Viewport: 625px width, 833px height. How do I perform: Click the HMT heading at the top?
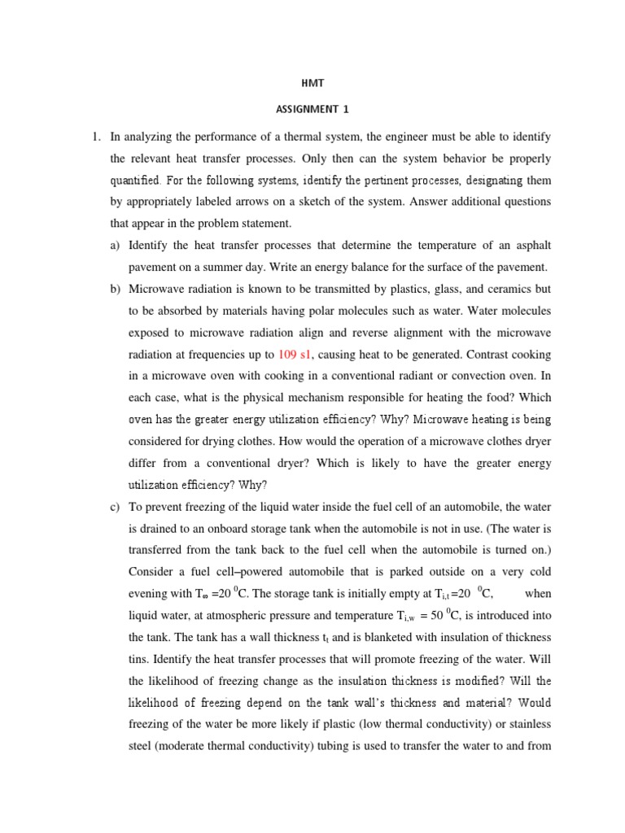point(312,83)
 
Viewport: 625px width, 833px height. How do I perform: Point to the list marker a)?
point(115,246)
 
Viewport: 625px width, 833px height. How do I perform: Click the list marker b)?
point(115,289)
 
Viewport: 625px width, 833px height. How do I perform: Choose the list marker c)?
point(115,508)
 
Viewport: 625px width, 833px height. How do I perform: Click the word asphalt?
point(531,246)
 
